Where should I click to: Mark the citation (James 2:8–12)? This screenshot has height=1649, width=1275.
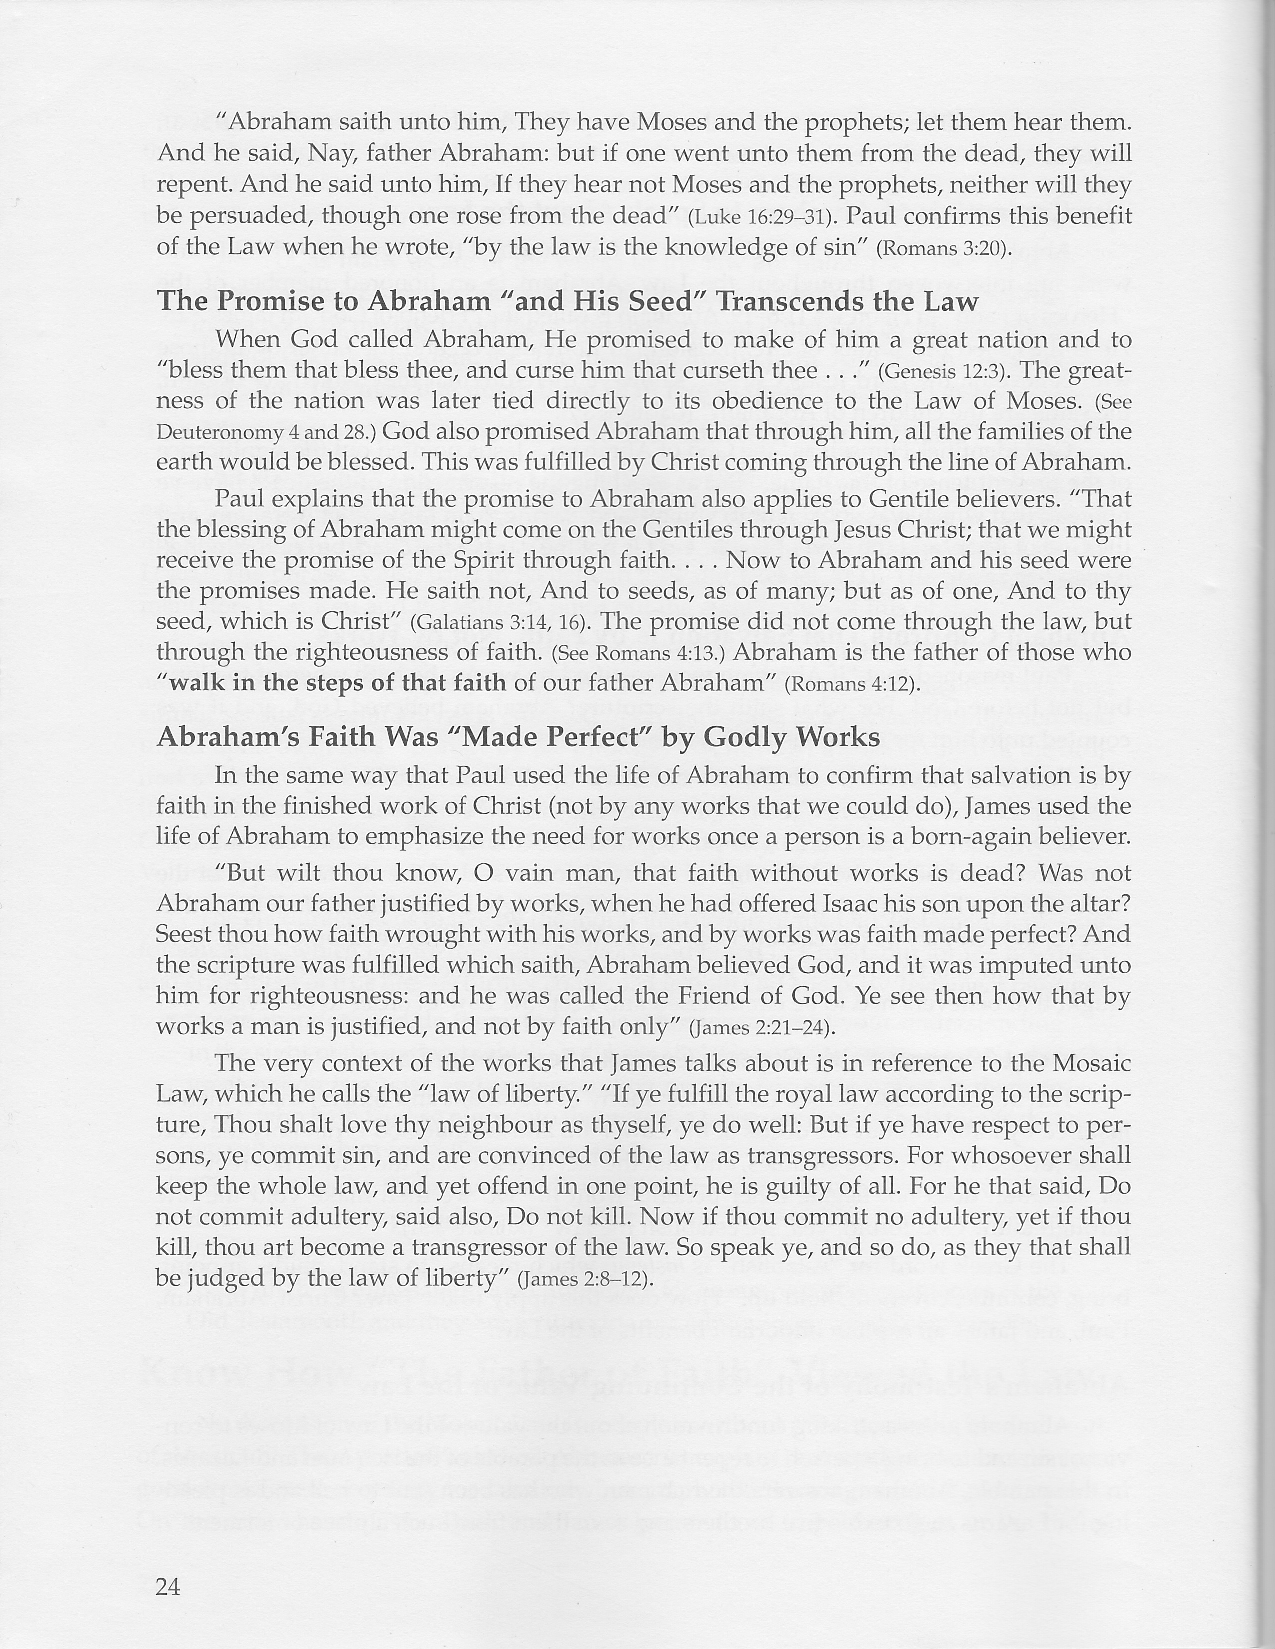(x=585, y=1280)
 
